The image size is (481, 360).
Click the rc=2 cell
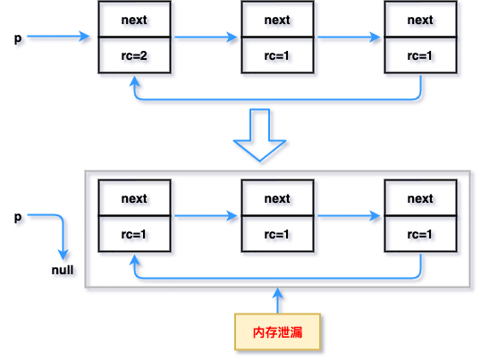pos(133,55)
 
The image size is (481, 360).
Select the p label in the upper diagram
pos(17,39)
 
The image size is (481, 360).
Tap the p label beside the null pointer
pos(17,218)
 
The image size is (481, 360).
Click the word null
pos(62,269)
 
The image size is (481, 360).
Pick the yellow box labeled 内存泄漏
pos(277,331)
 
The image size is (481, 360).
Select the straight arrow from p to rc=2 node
pos(59,38)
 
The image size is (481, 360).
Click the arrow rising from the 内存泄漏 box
pos(277,302)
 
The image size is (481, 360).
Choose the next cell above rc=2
pos(133,21)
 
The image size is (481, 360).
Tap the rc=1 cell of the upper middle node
pos(277,55)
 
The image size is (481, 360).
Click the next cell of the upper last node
pos(420,21)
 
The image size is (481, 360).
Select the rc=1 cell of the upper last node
pos(420,55)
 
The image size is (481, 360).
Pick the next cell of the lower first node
pos(133,198)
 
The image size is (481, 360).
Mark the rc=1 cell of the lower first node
pos(133,234)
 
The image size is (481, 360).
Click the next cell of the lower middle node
pos(277,198)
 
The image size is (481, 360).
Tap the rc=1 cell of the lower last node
pos(420,234)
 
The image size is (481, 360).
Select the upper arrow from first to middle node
pos(206,38)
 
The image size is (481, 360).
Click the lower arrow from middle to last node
pos(349,216)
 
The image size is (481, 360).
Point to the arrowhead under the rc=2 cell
pos(134,80)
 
